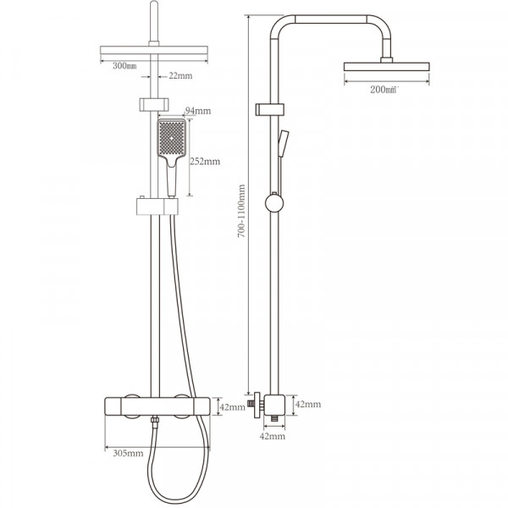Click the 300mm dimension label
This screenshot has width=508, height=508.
(124, 66)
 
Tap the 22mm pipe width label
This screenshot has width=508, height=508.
(180, 76)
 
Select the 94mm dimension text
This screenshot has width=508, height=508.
(197, 111)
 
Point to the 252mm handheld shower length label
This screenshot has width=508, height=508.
(205, 161)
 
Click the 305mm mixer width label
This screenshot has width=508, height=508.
(128, 453)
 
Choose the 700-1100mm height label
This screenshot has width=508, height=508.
(241, 211)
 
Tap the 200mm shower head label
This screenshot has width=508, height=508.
(384, 90)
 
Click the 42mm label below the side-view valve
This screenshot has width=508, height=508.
(273, 436)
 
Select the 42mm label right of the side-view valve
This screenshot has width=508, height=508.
(308, 404)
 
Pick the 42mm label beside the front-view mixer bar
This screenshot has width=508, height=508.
(232, 407)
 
